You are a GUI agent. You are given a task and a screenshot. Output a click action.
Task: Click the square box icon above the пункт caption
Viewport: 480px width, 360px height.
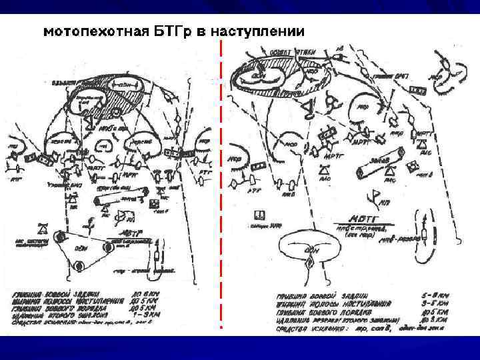pyautogui.click(x=260, y=215)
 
